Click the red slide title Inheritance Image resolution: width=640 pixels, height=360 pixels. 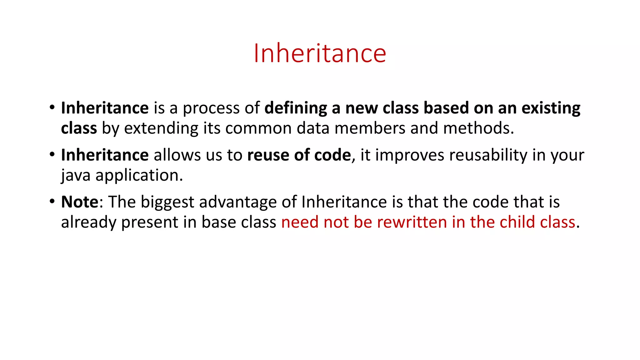(x=320, y=53)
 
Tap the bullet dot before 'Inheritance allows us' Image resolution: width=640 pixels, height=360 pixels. (x=52, y=155)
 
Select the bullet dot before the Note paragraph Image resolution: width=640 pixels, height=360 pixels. (x=52, y=202)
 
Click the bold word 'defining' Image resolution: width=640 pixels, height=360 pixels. (x=296, y=108)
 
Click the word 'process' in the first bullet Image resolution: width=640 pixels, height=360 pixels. (x=211, y=108)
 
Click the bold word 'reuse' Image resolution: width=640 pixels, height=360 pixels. (x=268, y=155)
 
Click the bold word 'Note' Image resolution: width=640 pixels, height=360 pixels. (x=80, y=202)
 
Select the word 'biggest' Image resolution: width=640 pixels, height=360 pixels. (x=167, y=202)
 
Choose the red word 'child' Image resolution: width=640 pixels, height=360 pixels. (x=517, y=222)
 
